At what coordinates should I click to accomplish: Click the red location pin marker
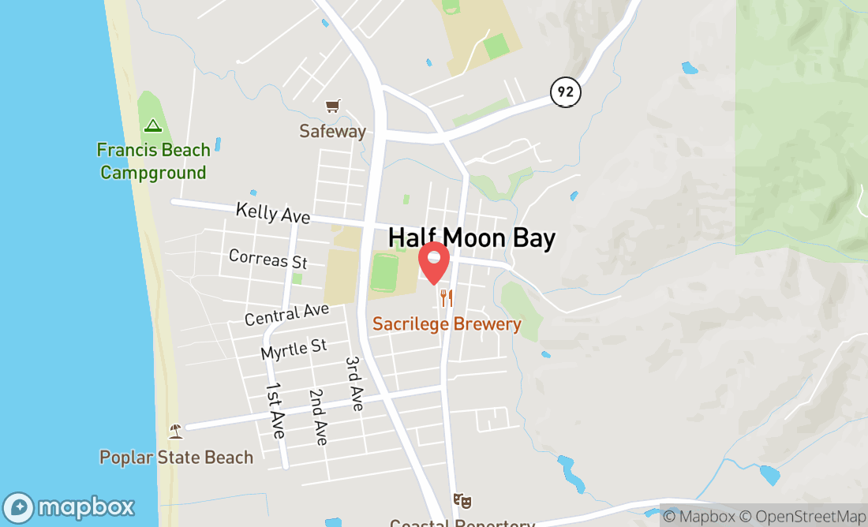pyautogui.click(x=433, y=263)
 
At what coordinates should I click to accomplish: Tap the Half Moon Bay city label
pyautogui.click(x=472, y=238)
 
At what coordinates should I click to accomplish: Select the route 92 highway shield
pyautogui.click(x=565, y=92)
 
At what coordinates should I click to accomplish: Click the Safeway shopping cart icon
pyautogui.click(x=333, y=106)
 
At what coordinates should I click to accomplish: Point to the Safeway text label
pyautogui.click(x=332, y=131)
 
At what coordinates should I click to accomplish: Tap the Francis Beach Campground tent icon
pyautogui.click(x=152, y=125)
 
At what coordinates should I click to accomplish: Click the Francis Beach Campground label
pyautogui.click(x=153, y=161)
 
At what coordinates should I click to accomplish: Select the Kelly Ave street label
pyautogui.click(x=273, y=213)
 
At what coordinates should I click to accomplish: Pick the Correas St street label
pyautogui.click(x=268, y=258)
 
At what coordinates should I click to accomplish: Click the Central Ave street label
pyautogui.click(x=286, y=314)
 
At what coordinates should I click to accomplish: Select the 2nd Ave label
pyautogui.click(x=318, y=417)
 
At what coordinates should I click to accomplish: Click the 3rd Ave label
pyautogui.click(x=354, y=383)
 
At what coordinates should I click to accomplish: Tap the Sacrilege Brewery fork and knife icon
pyautogui.click(x=447, y=297)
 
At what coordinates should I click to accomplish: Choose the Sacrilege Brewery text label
pyautogui.click(x=447, y=324)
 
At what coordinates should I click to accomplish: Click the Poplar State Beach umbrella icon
pyautogui.click(x=176, y=431)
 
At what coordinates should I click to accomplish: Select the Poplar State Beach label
pyautogui.click(x=176, y=458)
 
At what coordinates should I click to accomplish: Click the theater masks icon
pyautogui.click(x=462, y=500)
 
